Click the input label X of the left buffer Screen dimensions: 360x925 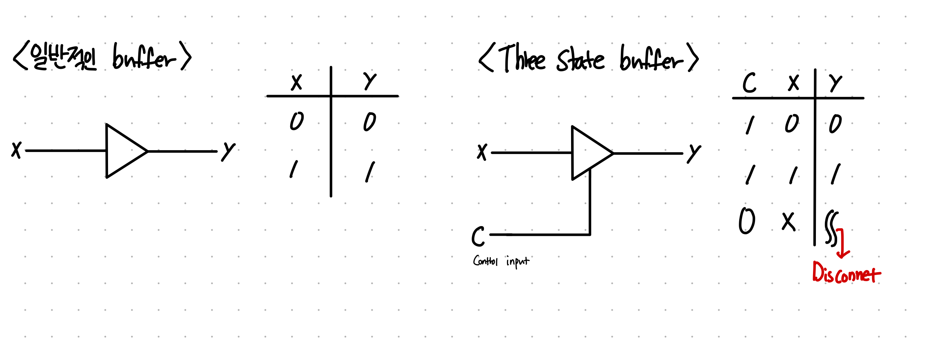point(16,150)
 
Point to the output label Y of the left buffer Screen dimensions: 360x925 point(228,151)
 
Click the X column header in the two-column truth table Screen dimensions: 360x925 point(296,82)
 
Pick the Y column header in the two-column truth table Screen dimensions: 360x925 point(369,82)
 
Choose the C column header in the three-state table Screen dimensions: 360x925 point(749,83)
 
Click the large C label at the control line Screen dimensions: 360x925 point(478,236)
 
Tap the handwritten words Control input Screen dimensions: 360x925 point(501,261)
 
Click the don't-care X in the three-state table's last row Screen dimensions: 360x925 point(788,221)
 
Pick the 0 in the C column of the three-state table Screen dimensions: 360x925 point(747,221)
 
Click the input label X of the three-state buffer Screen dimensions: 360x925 point(482,152)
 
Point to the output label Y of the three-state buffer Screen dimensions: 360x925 point(693,154)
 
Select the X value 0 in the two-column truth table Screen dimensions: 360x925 point(297,121)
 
